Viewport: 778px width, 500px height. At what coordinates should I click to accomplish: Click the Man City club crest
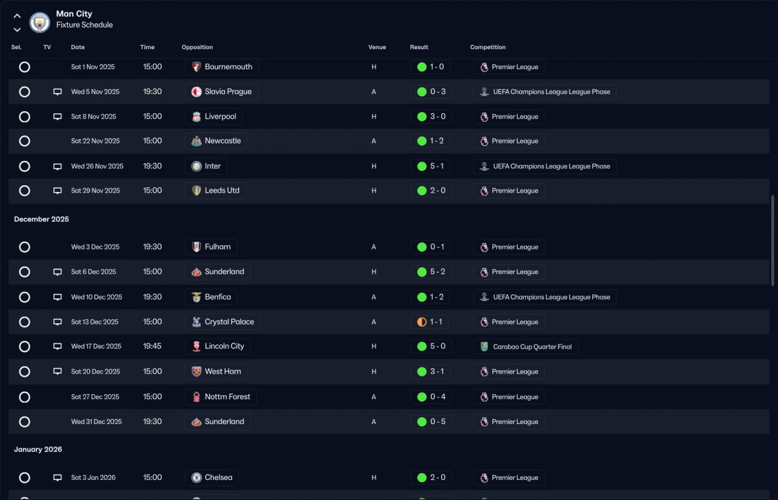pyautogui.click(x=40, y=22)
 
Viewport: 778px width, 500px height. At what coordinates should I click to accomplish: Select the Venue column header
pyautogui.click(x=377, y=47)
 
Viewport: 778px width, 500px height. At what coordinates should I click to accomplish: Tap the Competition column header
pyautogui.click(x=487, y=47)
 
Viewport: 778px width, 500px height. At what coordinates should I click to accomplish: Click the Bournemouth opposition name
pyautogui.click(x=228, y=67)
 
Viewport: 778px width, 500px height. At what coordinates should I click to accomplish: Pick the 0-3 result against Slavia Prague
pyautogui.click(x=438, y=92)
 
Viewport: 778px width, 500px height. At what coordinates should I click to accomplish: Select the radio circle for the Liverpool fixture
pyautogui.click(x=24, y=117)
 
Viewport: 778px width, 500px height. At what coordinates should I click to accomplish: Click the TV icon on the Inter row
pyautogui.click(x=57, y=166)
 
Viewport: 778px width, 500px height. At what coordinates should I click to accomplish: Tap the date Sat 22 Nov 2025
pyautogui.click(x=95, y=141)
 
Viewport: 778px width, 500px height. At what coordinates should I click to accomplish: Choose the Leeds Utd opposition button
pyautogui.click(x=215, y=191)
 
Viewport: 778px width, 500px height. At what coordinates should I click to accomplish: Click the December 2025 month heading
pyautogui.click(x=41, y=219)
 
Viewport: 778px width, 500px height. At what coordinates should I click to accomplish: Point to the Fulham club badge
pyautogui.click(x=196, y=247)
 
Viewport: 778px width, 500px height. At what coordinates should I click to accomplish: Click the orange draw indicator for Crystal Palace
pyautogui.click(x=422, y=322)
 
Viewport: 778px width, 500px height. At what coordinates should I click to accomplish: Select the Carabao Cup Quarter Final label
pyautogui.click(x=532, y=346)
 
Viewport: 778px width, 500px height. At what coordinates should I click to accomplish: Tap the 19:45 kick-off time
pyautogui.click(x=152, y=346)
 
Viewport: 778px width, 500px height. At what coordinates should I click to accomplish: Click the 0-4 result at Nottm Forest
pyautogui.click(x=438, y=397)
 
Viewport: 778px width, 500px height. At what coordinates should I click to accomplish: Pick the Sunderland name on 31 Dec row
pyautogui.click(x=224, y=422)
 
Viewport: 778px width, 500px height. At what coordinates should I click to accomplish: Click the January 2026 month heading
pyautogui.click(x=38, y=450)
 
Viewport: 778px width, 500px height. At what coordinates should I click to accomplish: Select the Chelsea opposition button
pyautogui.click(x=212, y=478)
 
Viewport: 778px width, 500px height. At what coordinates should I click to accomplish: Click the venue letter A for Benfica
pyautogui.click(x=374, y=297)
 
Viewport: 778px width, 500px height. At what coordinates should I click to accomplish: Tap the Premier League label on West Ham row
pyautogui.click(x=515, y=372)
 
